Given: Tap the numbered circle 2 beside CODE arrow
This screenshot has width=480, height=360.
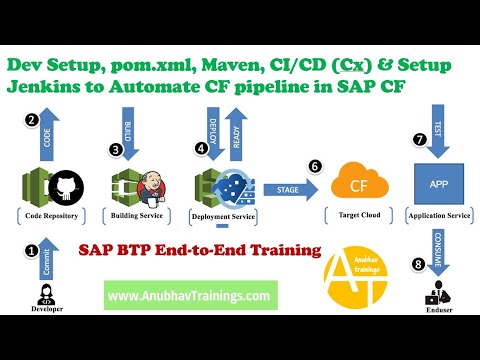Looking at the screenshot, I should point(31,121).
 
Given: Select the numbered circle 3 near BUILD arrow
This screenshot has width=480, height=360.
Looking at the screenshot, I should point(116,150).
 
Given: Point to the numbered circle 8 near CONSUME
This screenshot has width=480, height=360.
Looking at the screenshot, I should point(418,263).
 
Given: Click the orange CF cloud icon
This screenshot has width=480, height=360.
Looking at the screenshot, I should point(354,185).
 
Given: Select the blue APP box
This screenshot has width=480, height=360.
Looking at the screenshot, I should point(438,185).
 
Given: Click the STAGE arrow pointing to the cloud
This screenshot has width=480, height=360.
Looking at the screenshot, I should point(282,187).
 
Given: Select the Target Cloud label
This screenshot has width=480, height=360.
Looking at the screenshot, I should point(353,215).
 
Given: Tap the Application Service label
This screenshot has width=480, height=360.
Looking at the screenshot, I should point(438,215).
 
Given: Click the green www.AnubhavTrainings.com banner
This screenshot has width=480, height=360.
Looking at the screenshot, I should point(189,296).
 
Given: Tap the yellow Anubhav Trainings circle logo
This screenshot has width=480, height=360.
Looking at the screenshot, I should point(358,280).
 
